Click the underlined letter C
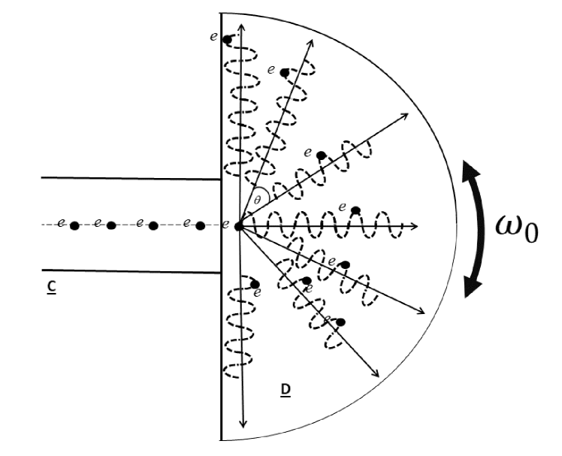click(x=51, y=286)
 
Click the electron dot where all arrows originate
click(x=240, y=225)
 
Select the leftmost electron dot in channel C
click(x=74, y=225)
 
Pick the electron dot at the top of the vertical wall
click(x=228, y=40)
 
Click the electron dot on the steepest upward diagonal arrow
click(x=284, y=73)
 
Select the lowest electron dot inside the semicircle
click(x=340, y=322)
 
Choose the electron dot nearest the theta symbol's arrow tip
click(x=322, y=156)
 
